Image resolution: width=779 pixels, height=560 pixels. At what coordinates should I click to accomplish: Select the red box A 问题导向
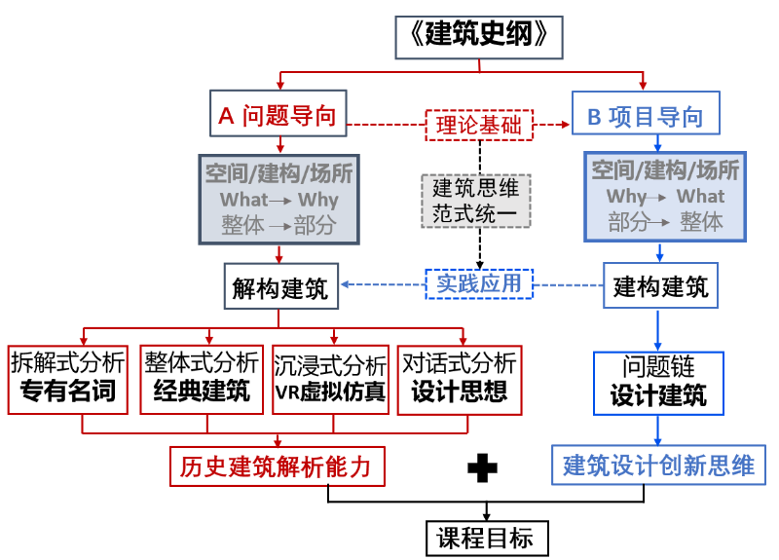pos(278,116)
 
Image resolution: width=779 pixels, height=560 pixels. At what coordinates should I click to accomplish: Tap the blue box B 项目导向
pos(645,117)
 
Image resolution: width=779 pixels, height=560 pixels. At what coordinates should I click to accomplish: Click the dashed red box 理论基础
pos(477,125)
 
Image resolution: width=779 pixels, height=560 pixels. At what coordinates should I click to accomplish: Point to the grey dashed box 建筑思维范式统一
pos(476,200)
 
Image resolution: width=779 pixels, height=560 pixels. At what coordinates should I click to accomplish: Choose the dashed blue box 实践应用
pos(479,284)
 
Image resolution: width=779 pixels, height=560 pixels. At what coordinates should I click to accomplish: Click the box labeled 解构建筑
pos(279,286)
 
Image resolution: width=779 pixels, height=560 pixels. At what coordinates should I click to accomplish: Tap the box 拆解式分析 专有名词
pos(67,379)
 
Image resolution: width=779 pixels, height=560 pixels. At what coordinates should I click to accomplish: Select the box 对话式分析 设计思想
pos(460,379)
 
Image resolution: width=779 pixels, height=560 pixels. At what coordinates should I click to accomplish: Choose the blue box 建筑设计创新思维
pos(659,466)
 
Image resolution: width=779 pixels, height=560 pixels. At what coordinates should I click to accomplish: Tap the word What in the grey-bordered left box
pos(243,200)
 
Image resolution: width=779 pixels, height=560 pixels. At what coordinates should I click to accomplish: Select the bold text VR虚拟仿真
pos(330,393)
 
